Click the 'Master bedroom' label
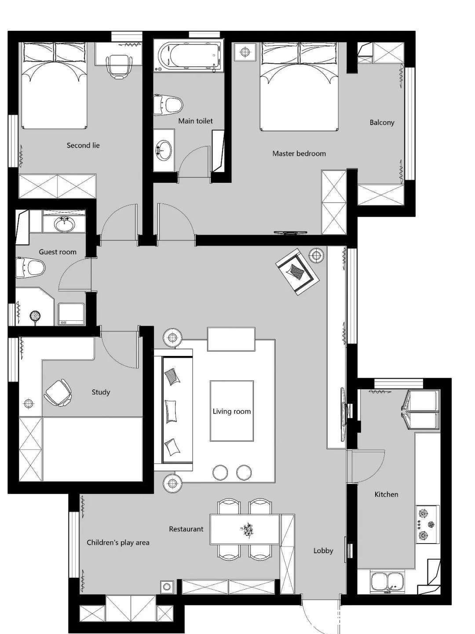[299, 153]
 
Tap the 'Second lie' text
[83, 145]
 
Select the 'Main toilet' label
[195, 121]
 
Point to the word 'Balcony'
[382, 123]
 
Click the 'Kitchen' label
[386, 494]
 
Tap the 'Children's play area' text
[118, 543]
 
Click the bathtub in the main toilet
[189, 56]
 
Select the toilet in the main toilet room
[168, 104]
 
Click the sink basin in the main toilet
[164, 150]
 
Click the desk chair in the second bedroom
[119, 67]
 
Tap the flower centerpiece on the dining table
[247, 529]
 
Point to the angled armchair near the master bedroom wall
[297, 272]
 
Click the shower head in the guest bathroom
[35, 316]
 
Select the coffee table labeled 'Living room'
[232, 411]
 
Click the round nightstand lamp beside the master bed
[245, 52]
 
